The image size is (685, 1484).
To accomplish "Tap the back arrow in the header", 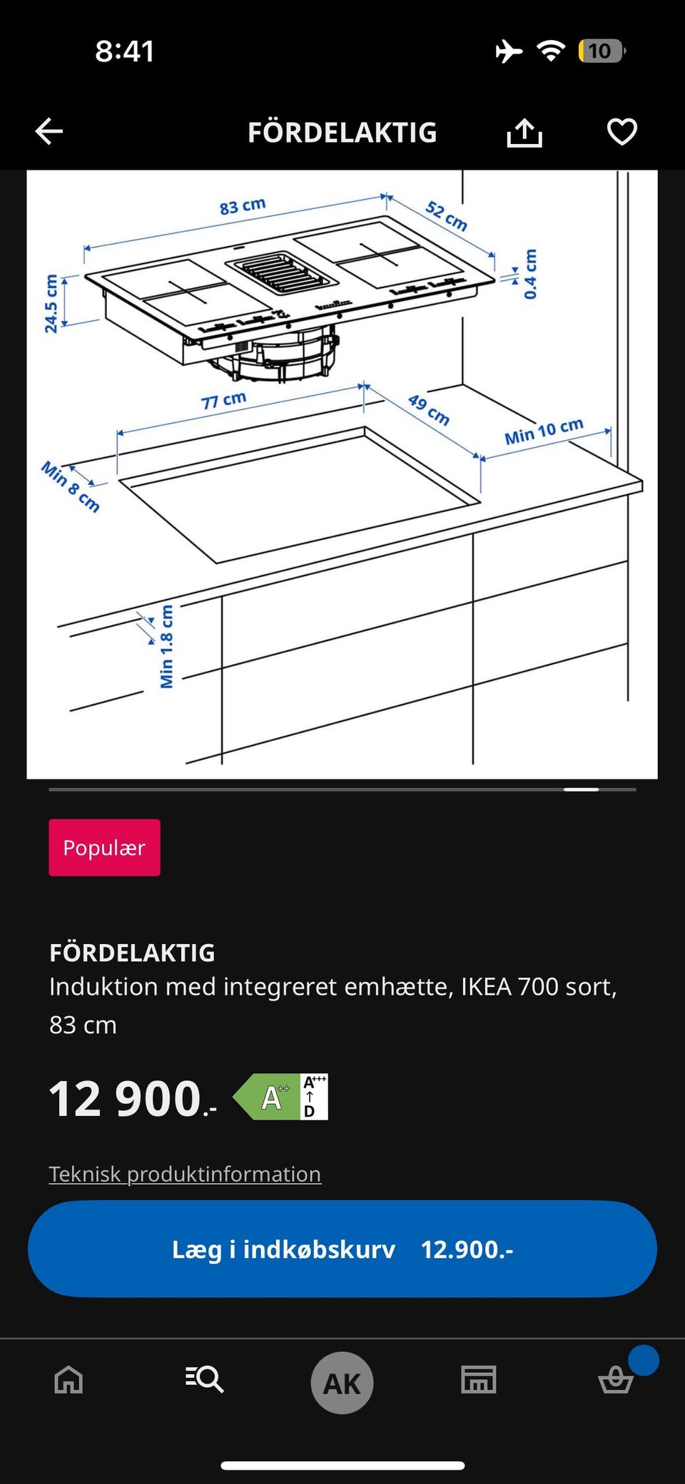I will [x=49, y=132].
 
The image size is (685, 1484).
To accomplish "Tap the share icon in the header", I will [x=524, y=133].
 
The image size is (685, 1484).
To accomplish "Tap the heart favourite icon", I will [x=621, y=132].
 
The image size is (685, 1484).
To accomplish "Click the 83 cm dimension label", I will [x=243, y=207].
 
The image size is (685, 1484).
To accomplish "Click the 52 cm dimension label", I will [x=447, y=216].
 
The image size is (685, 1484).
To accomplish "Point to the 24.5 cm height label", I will [x=51, y=304].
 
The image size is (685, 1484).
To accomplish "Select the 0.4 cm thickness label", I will [x=530, y=275].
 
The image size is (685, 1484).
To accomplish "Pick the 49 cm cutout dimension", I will [x=429, y=410].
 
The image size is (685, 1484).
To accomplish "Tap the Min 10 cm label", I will [x=544, y=431].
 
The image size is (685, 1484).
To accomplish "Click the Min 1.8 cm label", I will [x=167, y=647].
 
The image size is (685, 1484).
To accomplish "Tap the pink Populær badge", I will [x=104, y=848].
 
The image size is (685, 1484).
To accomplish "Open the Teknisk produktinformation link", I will [x=185, y=1174].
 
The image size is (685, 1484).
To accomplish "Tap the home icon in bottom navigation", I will [x=69, y=1380].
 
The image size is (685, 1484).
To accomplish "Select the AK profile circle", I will [x=342, y=1383].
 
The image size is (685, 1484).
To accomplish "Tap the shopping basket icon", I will [x=615, y=1379].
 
